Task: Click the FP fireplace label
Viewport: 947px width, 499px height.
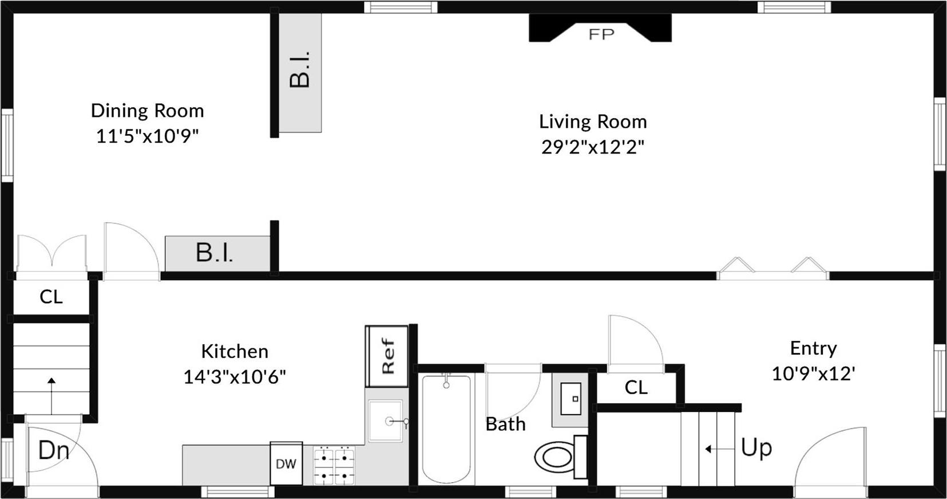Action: pyautogui.click(x=601, y=34)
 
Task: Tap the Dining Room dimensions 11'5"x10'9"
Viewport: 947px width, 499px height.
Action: pyautogui.click(x=147, y=136)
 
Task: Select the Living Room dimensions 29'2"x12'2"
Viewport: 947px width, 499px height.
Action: pyautogui.click(x=593, y=147)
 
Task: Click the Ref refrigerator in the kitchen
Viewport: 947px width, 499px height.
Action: pyautogui.click(x=387, y=356)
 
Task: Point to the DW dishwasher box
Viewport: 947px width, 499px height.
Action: pyautogui.click(x=286, y=463)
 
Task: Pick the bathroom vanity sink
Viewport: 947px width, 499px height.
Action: pyautogui.click(x=570, y=399)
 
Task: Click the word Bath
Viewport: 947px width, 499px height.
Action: pyautogui.click(x=505, y=425)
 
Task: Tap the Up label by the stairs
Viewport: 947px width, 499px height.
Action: pyautogui.click(x=756, y=448)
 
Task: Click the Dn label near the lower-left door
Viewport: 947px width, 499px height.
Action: pyautogui.click(x=53, y=451)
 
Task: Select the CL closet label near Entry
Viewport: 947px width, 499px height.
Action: pyautogui.click(x=636, y=388)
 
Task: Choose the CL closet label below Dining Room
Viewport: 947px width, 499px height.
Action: pyautogui.click(x=51, y=297)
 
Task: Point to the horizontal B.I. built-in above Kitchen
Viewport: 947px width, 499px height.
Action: pyautogui.click(x=215, y=253)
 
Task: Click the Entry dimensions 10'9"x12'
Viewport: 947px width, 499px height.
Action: pyautogui.click(x=813, y=374)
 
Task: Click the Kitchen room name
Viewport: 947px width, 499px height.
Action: pyautogui.click(x=234, y=351)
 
